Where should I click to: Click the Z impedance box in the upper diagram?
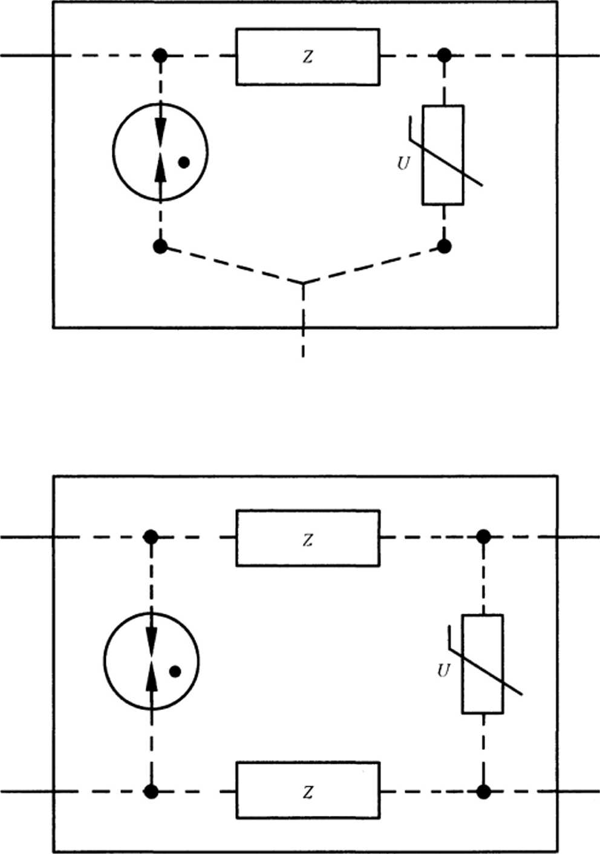(x=307, y=56)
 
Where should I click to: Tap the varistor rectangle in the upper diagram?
(x=443, y=155)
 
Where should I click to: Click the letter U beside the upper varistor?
(x=403, y=163)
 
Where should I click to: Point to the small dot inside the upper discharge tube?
(x=184, y=162)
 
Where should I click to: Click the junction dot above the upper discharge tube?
(x=160, y=56)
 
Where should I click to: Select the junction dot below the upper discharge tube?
(x=160, y=246)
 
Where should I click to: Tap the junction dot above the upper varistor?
(x=445, y=56)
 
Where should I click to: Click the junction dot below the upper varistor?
(x=445, y=246)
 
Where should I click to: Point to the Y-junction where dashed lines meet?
(x=303, y=283)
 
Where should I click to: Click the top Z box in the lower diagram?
(x=307, y=538)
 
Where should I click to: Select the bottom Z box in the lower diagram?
(x=307, y=790)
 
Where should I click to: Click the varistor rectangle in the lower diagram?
(x=482, y=664)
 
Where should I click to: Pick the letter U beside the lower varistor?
(x=443, y=671)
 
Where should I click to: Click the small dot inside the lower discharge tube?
(x=175, y=671)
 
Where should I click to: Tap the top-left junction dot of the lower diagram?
(x=151, y=537)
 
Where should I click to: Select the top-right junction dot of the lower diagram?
(x=483, y=537)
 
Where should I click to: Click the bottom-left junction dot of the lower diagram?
(x=151, y=791)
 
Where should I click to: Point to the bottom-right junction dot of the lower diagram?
(x=483, y=791)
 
